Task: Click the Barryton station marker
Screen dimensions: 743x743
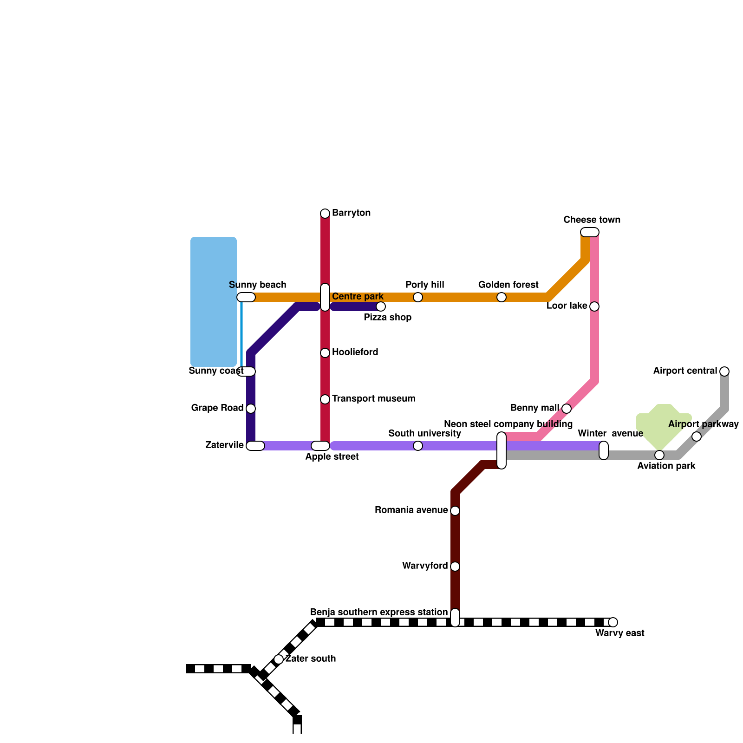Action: [x=325, y=214]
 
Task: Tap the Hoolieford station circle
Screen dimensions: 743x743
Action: [x=325, y=353]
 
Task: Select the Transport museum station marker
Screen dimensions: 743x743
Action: [x=325, y=399]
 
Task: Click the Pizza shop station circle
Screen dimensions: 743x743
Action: [x=381, y=306]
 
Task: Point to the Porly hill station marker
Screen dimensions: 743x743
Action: [x=418, y=297]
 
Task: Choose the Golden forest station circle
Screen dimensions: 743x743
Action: [x=502, y=297]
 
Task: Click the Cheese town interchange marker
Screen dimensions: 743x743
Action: [x=590, y=232]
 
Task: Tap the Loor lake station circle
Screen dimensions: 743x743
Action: [x=594, y=306]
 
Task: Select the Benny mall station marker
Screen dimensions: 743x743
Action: [x=567, y=409]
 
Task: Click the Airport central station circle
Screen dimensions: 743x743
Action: [x=724, y=371]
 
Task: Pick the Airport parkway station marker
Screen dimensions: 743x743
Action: [x=697, y=437]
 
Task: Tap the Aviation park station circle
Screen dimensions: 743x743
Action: [x=659, y=455]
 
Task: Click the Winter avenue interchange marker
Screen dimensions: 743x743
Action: [x=604, y=450]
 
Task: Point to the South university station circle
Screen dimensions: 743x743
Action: [x=418, y=446]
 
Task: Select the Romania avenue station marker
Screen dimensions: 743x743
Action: [x=455, y=511]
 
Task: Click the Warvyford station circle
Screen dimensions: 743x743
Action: [x=455, y=567]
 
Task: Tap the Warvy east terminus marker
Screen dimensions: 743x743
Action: [x=613, y=622]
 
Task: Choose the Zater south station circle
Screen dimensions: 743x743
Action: [x=279, y=659]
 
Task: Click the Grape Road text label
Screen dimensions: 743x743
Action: [x=217, y=408]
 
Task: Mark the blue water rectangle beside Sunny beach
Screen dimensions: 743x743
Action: [x=214, y=302]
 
